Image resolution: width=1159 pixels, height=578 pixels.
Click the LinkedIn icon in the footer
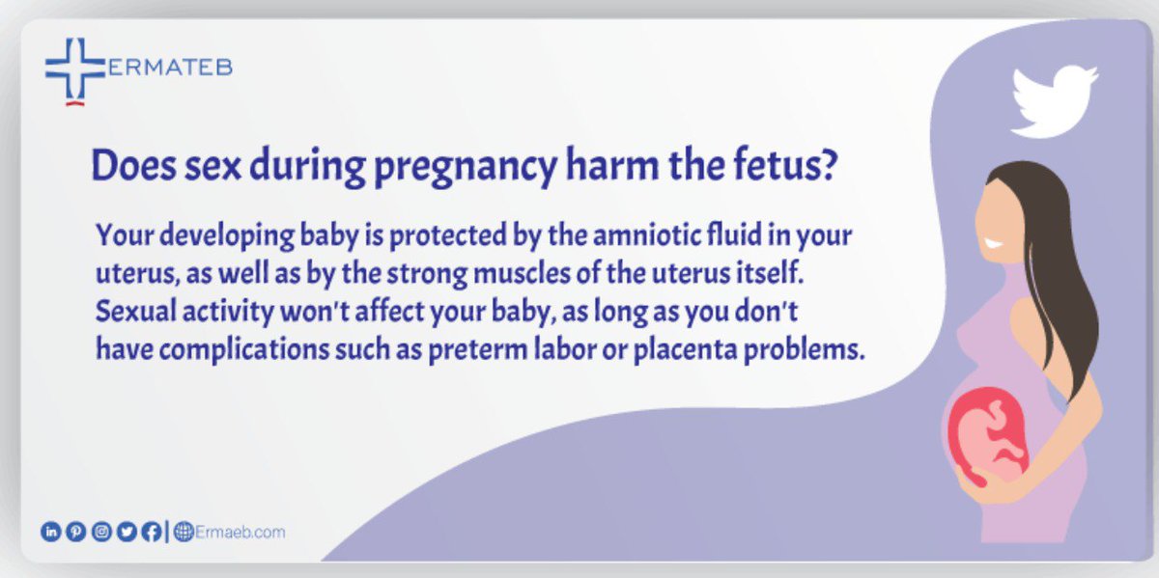click(49, 532)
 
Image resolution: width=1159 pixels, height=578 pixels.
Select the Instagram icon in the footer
click(100, 532)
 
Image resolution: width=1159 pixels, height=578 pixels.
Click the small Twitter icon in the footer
click(126, 532)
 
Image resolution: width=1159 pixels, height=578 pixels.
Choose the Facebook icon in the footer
click(151, 532)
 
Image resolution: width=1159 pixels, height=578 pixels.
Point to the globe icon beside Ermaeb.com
click(183, 532)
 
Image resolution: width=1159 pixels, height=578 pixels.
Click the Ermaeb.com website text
click(239, 532)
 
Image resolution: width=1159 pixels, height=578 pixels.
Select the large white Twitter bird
click(1053, 98)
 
